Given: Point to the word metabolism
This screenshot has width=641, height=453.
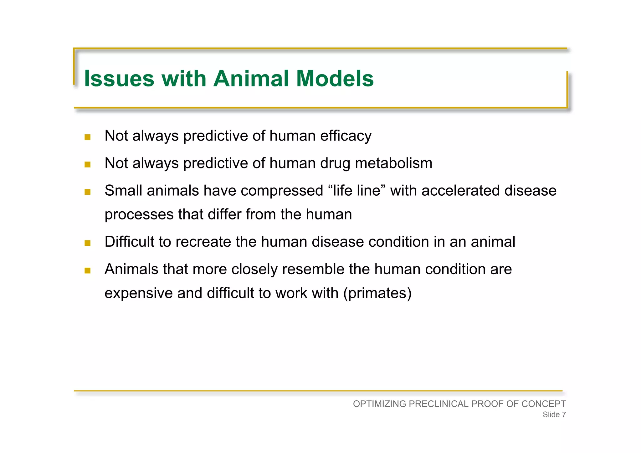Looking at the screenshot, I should pyautogui.click(x=393, y=163).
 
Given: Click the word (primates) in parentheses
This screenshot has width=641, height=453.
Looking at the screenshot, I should pyautogui.click(x=377, y=293).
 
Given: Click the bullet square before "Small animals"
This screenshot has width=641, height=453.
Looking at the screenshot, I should pyautogui.click(x=88, y=192).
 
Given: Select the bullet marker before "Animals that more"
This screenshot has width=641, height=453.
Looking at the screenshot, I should pyautogui.click(x=88, y=270).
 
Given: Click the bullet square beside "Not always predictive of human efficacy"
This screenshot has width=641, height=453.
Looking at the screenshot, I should pyautogui.click(x=88, y=137).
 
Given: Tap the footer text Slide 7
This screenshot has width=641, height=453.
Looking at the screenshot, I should pyautogui.click(x=554, y=414).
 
